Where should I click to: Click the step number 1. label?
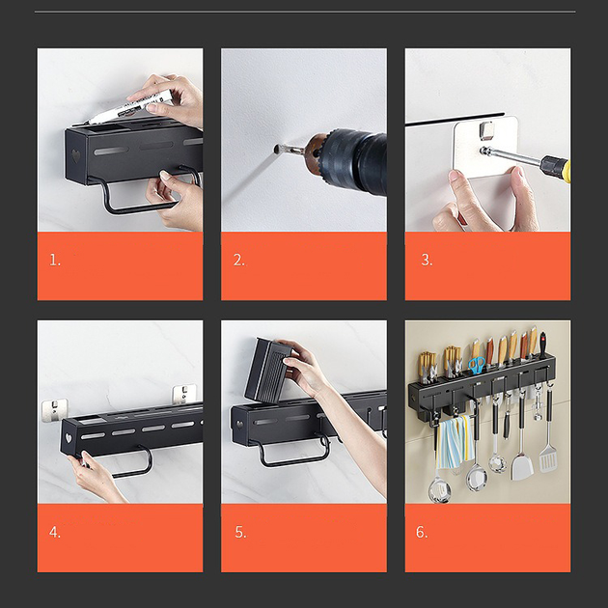point(55,260)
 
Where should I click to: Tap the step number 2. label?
point(239,260)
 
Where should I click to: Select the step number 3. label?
point(427,260)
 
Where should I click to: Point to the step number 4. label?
point(55,532)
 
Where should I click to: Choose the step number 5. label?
point(240,532)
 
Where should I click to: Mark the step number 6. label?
point(422,532)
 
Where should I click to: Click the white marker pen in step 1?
point(129,107)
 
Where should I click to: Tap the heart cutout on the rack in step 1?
point(76,155)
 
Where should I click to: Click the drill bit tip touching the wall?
point(276,149)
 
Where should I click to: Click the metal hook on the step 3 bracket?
point(487,130)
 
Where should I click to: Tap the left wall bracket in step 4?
point(54,410)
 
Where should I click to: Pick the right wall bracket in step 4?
point(184,394)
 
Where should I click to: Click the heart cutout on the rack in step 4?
point(69,438)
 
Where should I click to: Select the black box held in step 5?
point(266,370)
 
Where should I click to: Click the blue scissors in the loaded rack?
point(477,365)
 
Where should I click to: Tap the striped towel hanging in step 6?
point(454,442)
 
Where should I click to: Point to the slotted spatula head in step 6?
point(547,458)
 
